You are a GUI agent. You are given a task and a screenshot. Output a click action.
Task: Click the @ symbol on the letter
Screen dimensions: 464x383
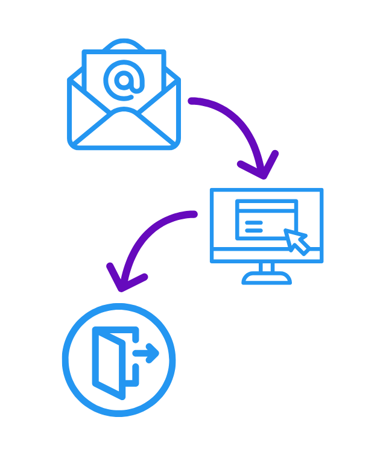tap(124, 80)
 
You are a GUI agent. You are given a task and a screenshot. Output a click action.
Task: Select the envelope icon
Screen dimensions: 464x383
tap(124, 102)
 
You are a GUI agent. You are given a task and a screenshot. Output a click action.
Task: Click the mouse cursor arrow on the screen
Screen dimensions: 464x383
tap(296, 240)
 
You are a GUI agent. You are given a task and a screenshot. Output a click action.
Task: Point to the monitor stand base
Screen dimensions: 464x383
tap(267, 278)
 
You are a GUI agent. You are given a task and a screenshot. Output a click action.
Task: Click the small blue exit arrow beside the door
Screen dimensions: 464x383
tap(147, 353)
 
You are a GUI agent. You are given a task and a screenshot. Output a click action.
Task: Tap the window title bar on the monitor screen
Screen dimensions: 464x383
tap(266, 206)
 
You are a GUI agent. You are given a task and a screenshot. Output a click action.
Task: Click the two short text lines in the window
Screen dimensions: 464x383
tap(254, 227)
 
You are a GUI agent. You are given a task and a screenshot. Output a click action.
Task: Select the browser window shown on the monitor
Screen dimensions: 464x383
tap(266, 219)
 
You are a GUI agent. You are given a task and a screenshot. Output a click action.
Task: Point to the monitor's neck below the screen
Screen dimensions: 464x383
tap(267, 267)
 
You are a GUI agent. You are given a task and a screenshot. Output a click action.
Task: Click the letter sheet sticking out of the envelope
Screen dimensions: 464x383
tap(124, 66)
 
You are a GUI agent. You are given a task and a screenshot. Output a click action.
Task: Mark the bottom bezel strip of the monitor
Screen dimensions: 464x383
tap(267, 256)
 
